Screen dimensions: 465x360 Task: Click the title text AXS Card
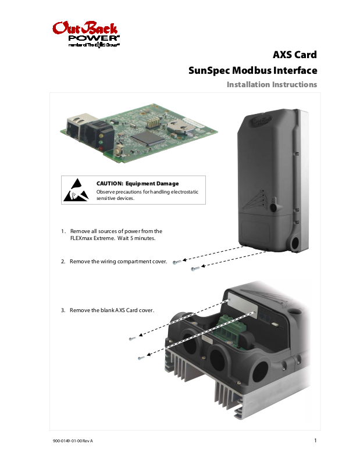[295, 55]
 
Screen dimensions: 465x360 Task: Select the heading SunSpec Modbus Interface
[253, 71]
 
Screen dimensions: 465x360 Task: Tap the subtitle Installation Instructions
[272, 85]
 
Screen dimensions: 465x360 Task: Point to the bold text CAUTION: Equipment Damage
[137, 184]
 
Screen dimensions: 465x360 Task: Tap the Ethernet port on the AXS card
[75, 126]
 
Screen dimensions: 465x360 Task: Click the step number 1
[63, 231]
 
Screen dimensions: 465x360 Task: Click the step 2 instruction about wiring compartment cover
[118, 262]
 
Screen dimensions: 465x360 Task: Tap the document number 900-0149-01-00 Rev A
[73, 441]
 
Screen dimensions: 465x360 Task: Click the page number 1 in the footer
[315, 440]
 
